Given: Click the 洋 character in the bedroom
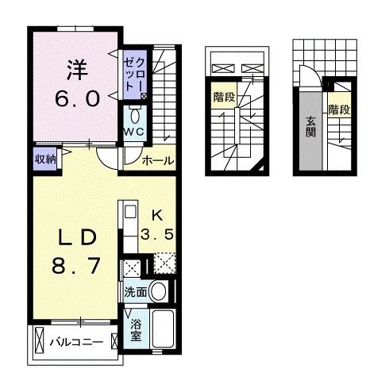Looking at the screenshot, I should [77, 70].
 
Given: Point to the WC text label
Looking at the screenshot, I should [133, 133].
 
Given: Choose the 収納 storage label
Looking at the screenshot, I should [45, 158].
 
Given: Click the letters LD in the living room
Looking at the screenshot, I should [78, 238].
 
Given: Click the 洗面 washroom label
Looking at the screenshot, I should [135, 292].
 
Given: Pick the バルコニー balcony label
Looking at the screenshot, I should [76, 343].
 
